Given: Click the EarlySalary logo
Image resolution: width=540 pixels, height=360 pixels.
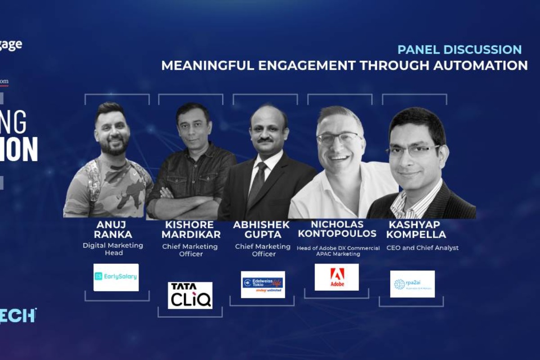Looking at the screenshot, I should pos(116,277).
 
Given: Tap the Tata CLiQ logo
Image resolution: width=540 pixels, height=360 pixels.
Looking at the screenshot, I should pos(190,295).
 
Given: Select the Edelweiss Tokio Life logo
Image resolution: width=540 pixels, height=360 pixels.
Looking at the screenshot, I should pos(263,284).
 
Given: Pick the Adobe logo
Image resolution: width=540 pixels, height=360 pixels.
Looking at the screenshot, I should pos(337,277).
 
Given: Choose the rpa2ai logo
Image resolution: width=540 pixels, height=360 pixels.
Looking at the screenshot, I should pos(412,284).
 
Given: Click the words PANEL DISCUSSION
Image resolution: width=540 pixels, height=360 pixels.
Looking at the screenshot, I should pos(459,49).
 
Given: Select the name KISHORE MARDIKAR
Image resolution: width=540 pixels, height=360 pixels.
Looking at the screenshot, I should pos(191,229).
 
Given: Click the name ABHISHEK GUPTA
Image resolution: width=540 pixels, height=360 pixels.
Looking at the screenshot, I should pos(262,229).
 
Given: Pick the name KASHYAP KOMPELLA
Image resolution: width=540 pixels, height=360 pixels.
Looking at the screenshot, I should pos(416,229).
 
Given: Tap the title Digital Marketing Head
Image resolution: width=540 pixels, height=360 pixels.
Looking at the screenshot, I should pos(113,249).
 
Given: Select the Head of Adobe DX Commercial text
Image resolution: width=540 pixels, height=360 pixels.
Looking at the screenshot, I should pos(338,248).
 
